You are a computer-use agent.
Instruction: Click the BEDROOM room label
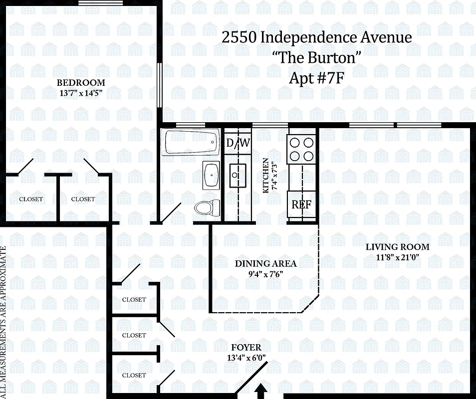tap(80, 83)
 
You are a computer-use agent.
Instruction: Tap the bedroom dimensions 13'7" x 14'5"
tap(80, 92)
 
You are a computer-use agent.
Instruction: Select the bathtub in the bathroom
tap(191, 142)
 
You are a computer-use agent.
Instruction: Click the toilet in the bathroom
tap(208, 207)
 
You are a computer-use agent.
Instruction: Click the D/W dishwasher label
tap(238, 143)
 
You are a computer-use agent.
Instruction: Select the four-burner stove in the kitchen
tap(301, 148)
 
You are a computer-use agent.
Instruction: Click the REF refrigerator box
tap(301, 204)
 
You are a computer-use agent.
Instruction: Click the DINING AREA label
tap(265, 263)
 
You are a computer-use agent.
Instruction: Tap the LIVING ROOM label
tap(397, 247)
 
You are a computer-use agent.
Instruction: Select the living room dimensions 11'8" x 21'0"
tap(397, 257)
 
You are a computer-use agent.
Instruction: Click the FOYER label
tap(246, 348)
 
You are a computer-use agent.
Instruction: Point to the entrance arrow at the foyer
tap(260, 392)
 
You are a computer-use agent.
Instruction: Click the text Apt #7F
tap(317, 78)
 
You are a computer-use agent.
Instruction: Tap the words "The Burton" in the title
tap(317, 58)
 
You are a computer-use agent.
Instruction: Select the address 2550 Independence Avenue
tap(317, 37)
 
